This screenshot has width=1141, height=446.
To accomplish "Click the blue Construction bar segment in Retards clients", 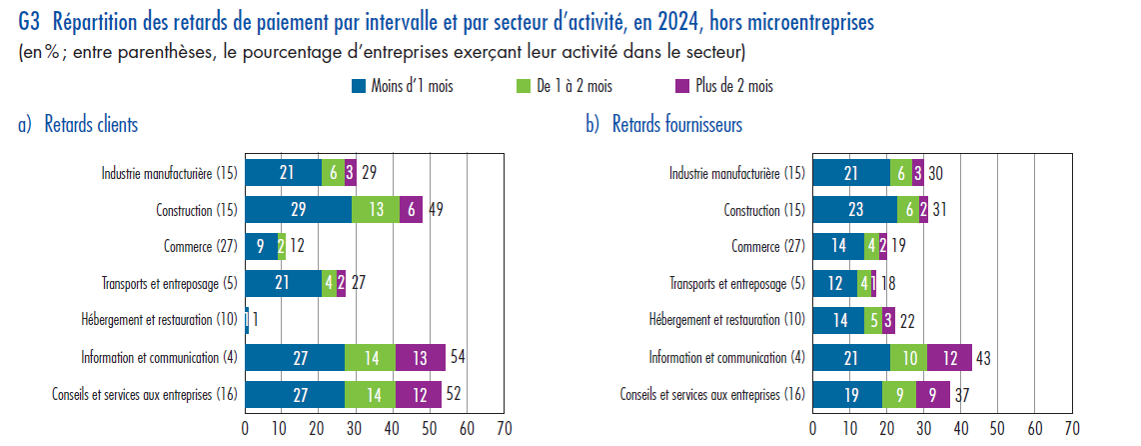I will pos(298,210).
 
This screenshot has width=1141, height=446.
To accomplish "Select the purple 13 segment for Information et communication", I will pos(422,357).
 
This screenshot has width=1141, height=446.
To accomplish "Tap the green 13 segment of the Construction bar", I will pos(376,210).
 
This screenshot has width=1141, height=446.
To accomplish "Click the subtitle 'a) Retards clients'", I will pos(78,125).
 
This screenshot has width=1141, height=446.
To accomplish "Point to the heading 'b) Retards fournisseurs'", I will pos(663,125).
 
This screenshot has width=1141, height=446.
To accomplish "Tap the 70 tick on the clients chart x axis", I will pos(504,428).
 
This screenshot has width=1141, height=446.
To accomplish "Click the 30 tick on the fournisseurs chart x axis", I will pos(923,428).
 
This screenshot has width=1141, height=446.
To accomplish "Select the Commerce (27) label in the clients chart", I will pos(200,247).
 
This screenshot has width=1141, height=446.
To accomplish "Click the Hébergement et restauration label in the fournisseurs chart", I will pos(725,320).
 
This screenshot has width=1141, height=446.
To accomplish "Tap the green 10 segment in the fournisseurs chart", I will pos(908,357).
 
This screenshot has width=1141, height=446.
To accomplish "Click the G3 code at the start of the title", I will pos(30,20).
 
